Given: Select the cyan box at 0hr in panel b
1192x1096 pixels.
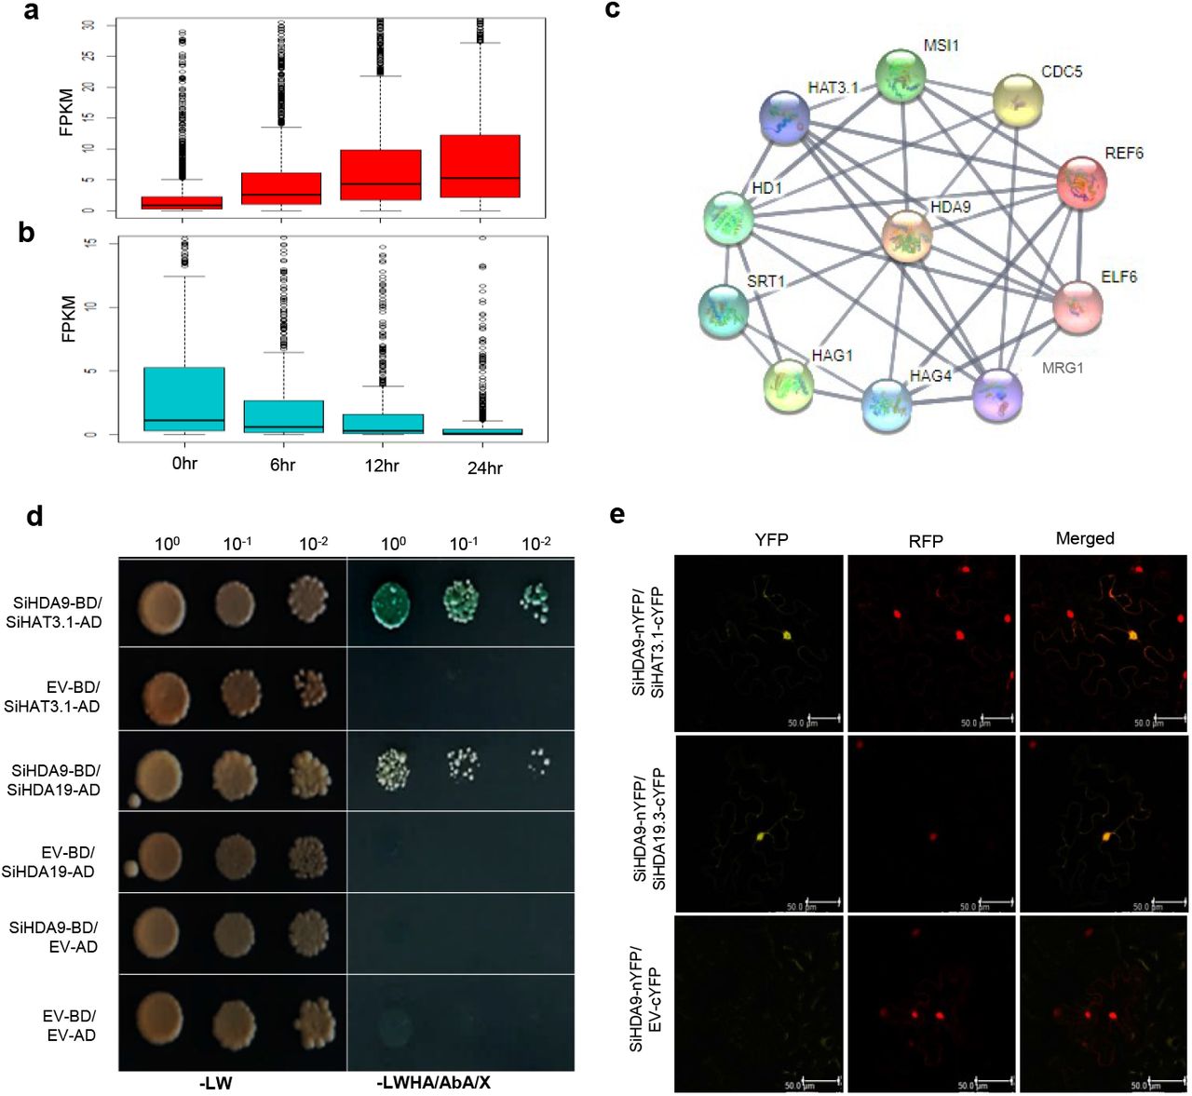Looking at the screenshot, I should point(184,399).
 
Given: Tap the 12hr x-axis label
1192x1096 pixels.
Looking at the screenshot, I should point(382,465).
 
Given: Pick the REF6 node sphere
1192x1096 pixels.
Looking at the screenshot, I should point(1082,182).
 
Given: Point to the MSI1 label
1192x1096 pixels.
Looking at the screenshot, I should point(941,45).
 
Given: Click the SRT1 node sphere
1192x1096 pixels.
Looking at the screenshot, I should point(724,310).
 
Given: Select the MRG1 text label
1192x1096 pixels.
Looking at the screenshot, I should point(1063,368).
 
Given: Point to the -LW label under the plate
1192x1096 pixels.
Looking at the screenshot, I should point(215,1083).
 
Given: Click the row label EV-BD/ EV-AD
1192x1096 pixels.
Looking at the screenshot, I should point(70,1025).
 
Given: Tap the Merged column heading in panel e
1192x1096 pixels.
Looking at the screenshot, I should point(1085,538).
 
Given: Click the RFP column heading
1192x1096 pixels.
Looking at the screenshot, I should point(926,540).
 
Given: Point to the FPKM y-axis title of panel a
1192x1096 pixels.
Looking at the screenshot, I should point(66,113).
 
